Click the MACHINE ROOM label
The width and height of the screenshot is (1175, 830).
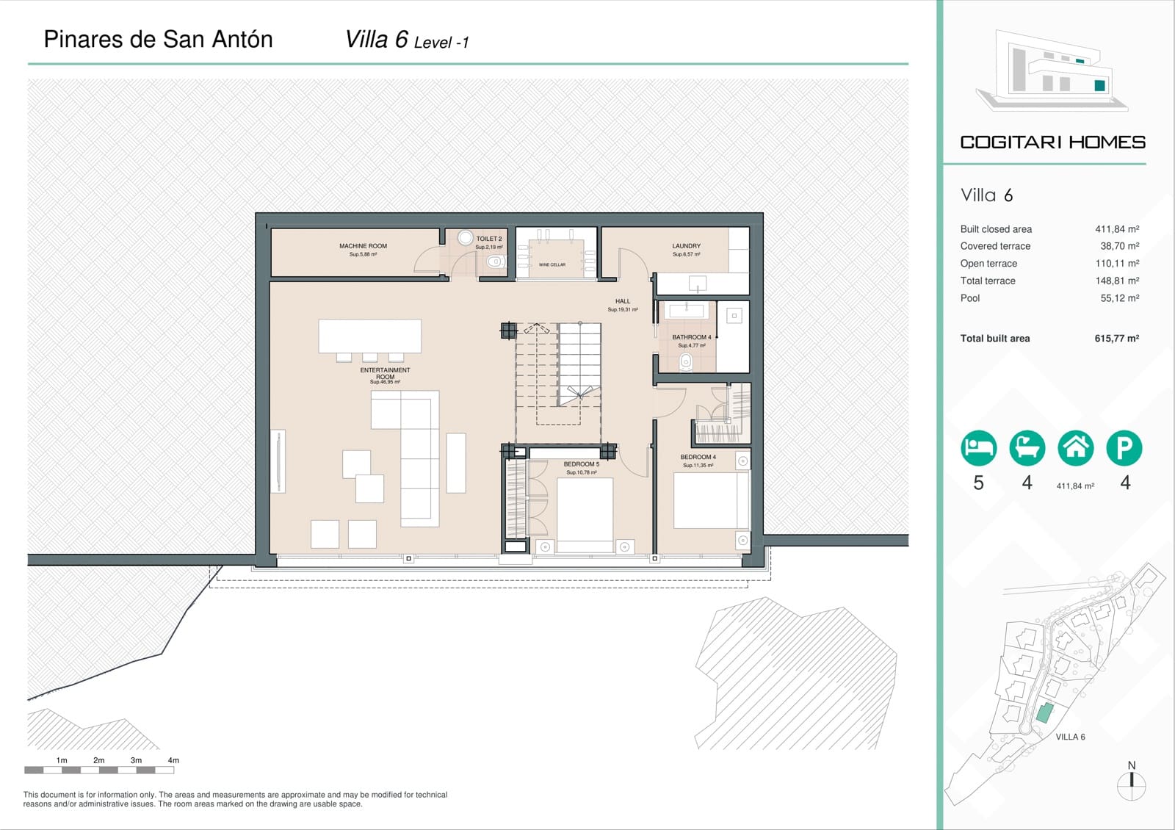[363, 246]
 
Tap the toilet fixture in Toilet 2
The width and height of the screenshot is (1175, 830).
[495, 261]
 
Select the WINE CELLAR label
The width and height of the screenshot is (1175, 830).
[552, 264]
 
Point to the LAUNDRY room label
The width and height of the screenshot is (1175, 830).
[686, 246]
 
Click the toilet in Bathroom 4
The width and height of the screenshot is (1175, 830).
[686, 361]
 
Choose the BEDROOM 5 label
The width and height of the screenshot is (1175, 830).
[581, 464]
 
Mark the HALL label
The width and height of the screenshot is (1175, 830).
[623, 301]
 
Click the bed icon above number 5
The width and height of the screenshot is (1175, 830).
[978, 447]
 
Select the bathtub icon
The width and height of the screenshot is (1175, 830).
[1027, 447]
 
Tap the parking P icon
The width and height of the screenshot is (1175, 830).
[1124, 447]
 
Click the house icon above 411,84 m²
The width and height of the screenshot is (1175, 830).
[1075, 447]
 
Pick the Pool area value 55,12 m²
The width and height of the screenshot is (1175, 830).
[1119, 298]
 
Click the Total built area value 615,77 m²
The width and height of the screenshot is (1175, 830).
[1116, 339]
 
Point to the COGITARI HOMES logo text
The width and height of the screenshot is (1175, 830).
[1052, 142]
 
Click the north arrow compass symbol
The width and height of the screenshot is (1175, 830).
[1131, 785]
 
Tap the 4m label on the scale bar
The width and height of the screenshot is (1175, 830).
[173, 760]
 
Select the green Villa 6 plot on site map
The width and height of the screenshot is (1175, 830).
[1044, 712]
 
